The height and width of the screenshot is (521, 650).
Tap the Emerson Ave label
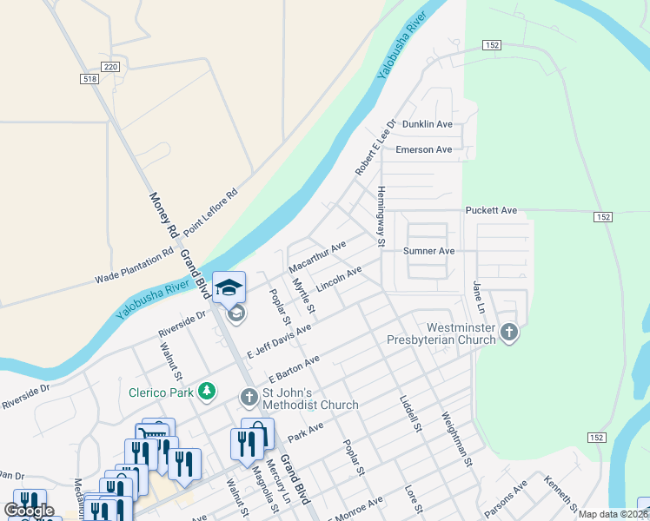coord(423,149)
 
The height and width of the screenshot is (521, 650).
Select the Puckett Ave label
coord(491,210)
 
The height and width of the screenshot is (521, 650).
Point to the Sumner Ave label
coord(429,251)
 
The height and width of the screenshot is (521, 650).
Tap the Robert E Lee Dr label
coord(375,148)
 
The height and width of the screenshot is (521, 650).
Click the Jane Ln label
coord(476,296)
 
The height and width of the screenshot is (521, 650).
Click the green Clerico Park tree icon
coord(207,392)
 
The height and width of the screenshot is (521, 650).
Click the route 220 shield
coord(109,66)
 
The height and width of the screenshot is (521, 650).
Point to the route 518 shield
coord(89,79)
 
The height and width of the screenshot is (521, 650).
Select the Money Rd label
coord(162,216)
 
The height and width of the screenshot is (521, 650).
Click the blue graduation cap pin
coord(229,287)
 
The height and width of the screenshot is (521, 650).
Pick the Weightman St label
coord(455,439)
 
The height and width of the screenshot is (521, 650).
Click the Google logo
coord(29,511)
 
